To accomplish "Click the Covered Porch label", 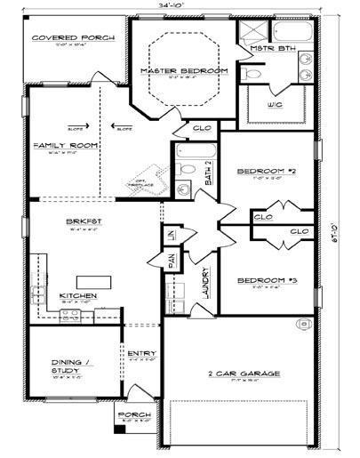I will tap(62, 38).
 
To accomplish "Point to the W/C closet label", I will tap(275, 104).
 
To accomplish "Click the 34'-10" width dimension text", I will tap(176, 6).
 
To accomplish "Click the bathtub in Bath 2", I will tap(191, 167).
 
